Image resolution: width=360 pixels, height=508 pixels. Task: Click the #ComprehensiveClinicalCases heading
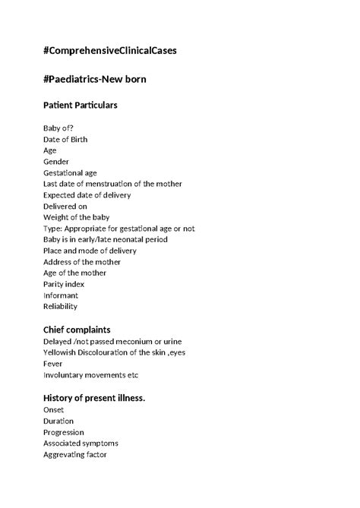pyautogui.click(x=111, y=51)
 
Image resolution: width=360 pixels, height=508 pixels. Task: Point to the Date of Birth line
pyautogui.click(x=65, y=140)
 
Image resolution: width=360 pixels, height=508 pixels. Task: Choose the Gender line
pyautogui.click(x=56, y=162)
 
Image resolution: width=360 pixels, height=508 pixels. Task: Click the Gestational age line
pyautogui.click(x=70, y=173)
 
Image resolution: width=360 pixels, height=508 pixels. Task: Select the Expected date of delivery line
pyautogui.click(x=87, y=195)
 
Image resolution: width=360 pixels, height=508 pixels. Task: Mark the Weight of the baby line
pyautogui.click(x=77, y=217)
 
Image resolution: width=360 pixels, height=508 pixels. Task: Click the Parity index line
pyautogui.click(x=64, y=284)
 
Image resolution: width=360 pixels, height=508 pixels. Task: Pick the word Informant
pyautogui.click(x=61, y=295)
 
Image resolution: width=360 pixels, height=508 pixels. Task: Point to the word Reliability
pyautogui.click(x=61, y=307)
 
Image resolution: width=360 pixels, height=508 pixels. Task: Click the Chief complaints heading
pyautogui.click(x=77, y=330)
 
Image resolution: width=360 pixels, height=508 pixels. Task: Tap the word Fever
pyautogui.click(x=54, y=364)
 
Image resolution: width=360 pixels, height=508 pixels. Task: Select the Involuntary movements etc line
pyautogui.click(x=91, y=375)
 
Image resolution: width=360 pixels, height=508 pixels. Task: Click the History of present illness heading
pyautogui.click(x=94, y=399)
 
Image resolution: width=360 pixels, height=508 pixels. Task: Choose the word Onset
pyautogui.click(x=54, y=409)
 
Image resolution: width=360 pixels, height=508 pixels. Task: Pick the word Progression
pyautogui.click(x=64, y=432)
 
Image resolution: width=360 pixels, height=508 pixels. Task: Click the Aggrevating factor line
pyautogui.click(x=75, y=454)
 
